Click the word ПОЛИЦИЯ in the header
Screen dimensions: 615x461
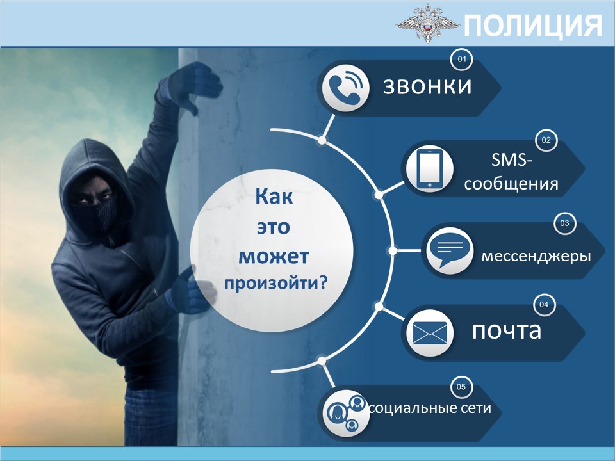[533, 25]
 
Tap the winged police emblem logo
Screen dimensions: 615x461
[428, 24]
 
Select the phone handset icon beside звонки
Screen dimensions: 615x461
[345, 88]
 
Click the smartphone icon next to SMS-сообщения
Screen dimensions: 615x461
[429, 169]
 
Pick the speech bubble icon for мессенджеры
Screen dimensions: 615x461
[450, 251]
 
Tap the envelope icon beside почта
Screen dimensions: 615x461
[430, 333]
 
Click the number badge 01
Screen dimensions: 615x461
[462, 59]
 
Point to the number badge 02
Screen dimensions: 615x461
[546, 140]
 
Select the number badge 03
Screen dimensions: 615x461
[564, 223]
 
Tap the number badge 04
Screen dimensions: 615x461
[544, 305]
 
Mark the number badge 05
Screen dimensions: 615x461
[461, 387]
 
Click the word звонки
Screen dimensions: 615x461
[427, 86]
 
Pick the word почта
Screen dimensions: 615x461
[507, 331]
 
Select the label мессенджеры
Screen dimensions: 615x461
[536, 257]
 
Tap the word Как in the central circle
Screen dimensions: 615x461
[274, 197]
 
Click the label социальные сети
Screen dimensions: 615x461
[430, 408]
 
